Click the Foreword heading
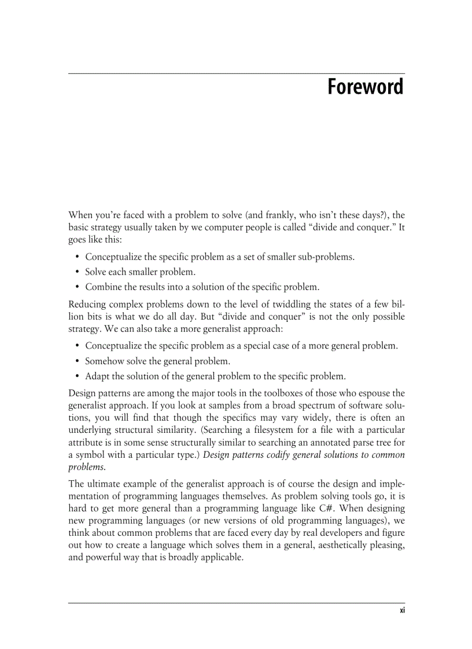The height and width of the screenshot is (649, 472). pyautogui.click(x=365, y=87)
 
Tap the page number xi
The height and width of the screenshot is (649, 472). pyautogui.click(x=401, y=612)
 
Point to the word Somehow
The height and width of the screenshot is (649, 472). pyautogui.click(x=104, y=361)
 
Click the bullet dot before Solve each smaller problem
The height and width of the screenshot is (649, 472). pyautogui.click(x=78, y=272)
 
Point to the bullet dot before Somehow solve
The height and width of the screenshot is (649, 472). pyautogui.click(x=78, y=361)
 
